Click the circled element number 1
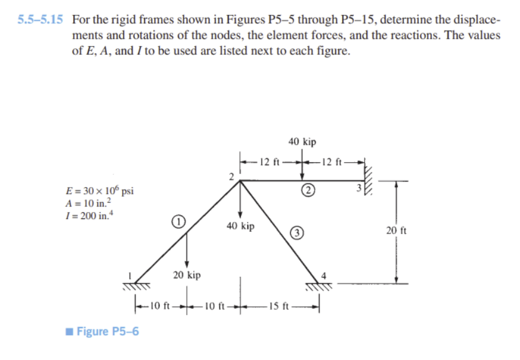click(x=179, y=221)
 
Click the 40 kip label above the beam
click(x=303, y=142)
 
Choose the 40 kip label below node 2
click(x=240, y=226)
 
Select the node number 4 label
click(x=323, y=276)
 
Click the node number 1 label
click(x=130, y=273)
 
